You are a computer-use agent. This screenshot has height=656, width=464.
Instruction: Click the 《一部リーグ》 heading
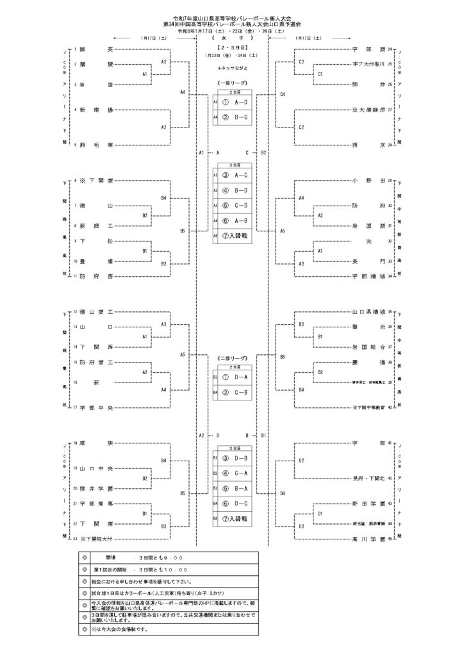tap(232, 84)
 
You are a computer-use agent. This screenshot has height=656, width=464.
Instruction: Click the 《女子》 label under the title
tap(232, 40)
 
